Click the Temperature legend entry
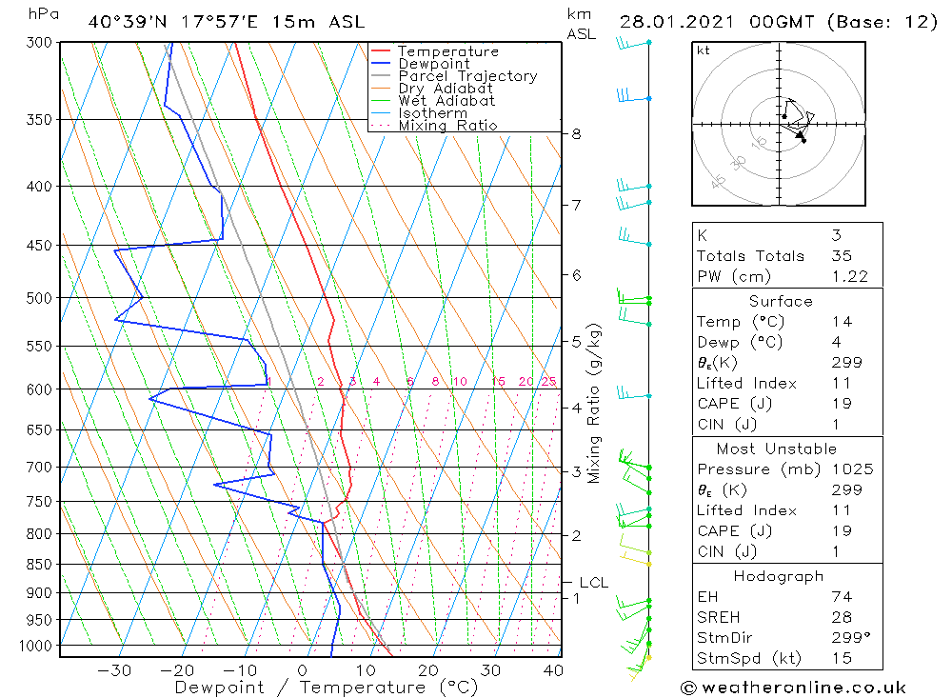click(447, 51)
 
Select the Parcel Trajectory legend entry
click(467, 76)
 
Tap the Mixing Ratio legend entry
click(447, 125)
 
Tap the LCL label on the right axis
click(593, 582)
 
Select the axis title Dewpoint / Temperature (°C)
click(326, 688)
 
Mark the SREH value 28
click(841, 617)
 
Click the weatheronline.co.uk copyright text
click(793, 688)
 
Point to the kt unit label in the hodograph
click(704, 50)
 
